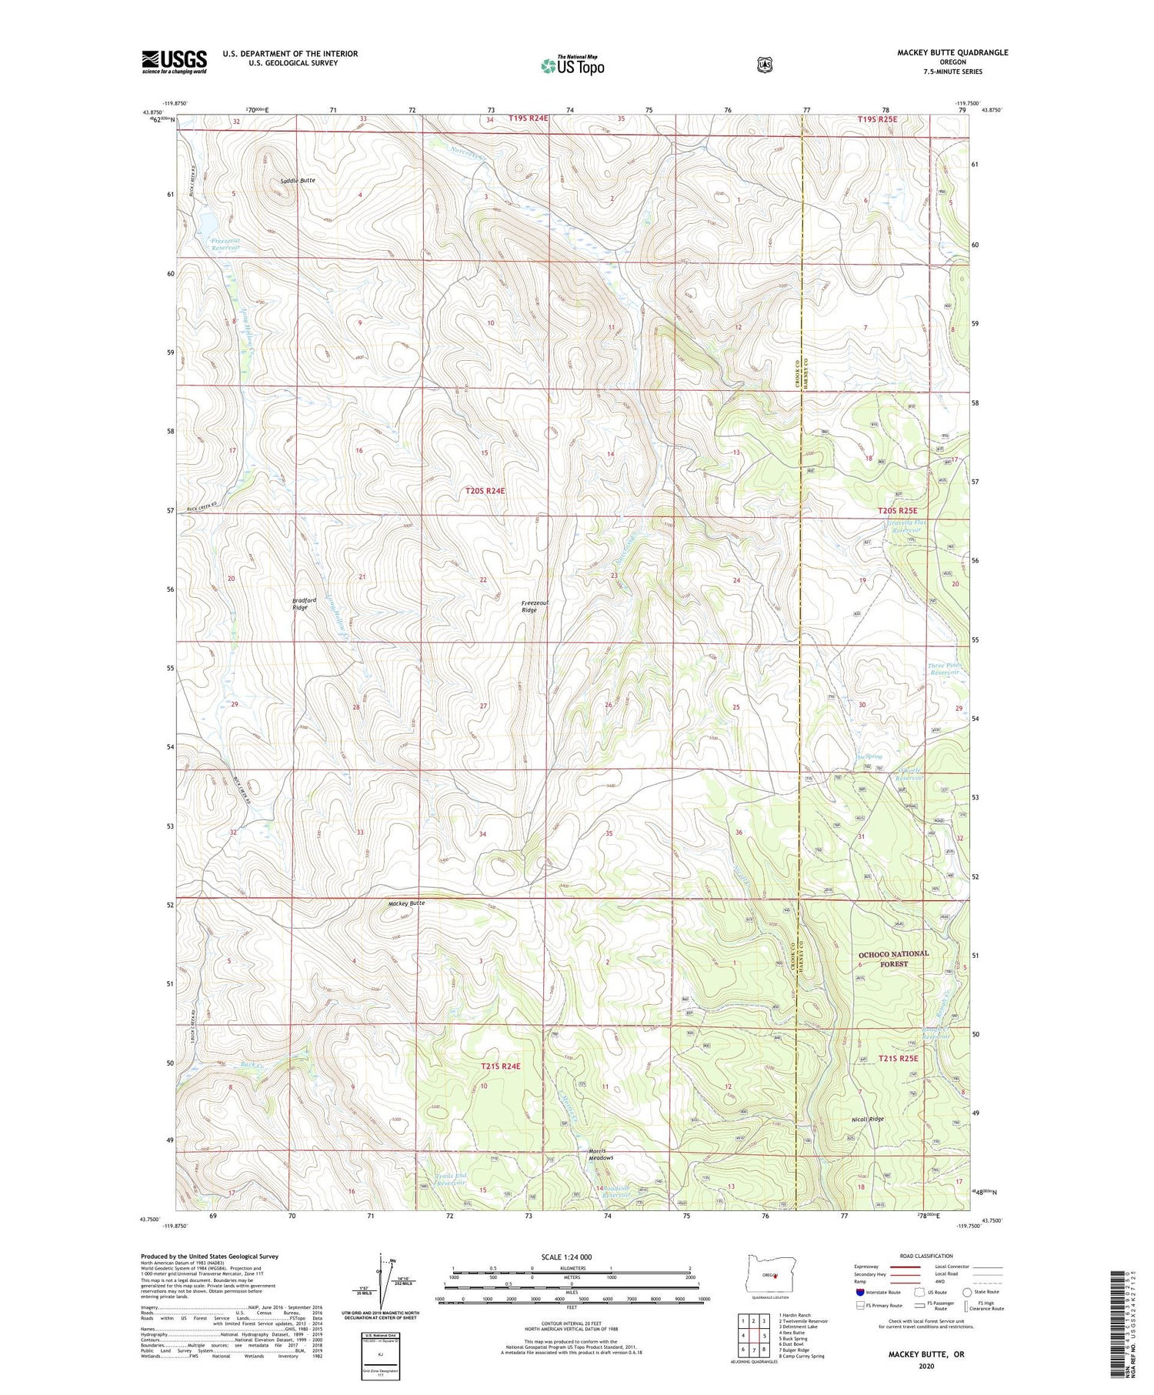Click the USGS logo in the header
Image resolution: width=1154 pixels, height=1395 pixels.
(x=174, y=62)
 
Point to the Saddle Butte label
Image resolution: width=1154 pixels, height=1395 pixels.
(x=297, y=180)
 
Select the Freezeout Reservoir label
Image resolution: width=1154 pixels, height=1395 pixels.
(x=225, y=245)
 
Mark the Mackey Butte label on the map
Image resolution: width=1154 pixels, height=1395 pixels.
(x=406, y=903)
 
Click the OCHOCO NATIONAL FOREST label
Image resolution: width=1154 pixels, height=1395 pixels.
(x=893, y=959)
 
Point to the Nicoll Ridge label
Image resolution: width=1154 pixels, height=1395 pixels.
(x=867, y=1120)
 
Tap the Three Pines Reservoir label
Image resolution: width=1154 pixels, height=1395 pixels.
(x=944, y=669)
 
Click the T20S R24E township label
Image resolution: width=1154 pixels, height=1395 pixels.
(x=485, y=490)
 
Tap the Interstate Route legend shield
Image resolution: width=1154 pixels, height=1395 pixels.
(x=859, y=1292)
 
